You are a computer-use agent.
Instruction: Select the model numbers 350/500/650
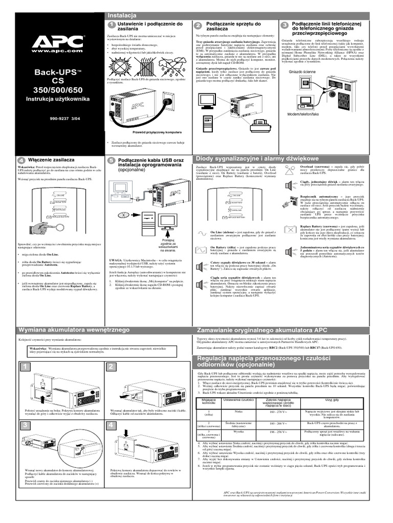click(56, 89)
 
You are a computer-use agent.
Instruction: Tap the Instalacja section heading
click(120, 16)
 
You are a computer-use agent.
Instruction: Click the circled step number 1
click(111, 25)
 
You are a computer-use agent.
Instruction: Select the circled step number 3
click(285, 26)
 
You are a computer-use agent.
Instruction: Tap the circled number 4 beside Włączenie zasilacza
click(20, 161)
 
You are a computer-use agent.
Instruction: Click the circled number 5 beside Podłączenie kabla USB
click(111, 161)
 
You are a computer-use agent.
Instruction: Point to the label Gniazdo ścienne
click(303, 72)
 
